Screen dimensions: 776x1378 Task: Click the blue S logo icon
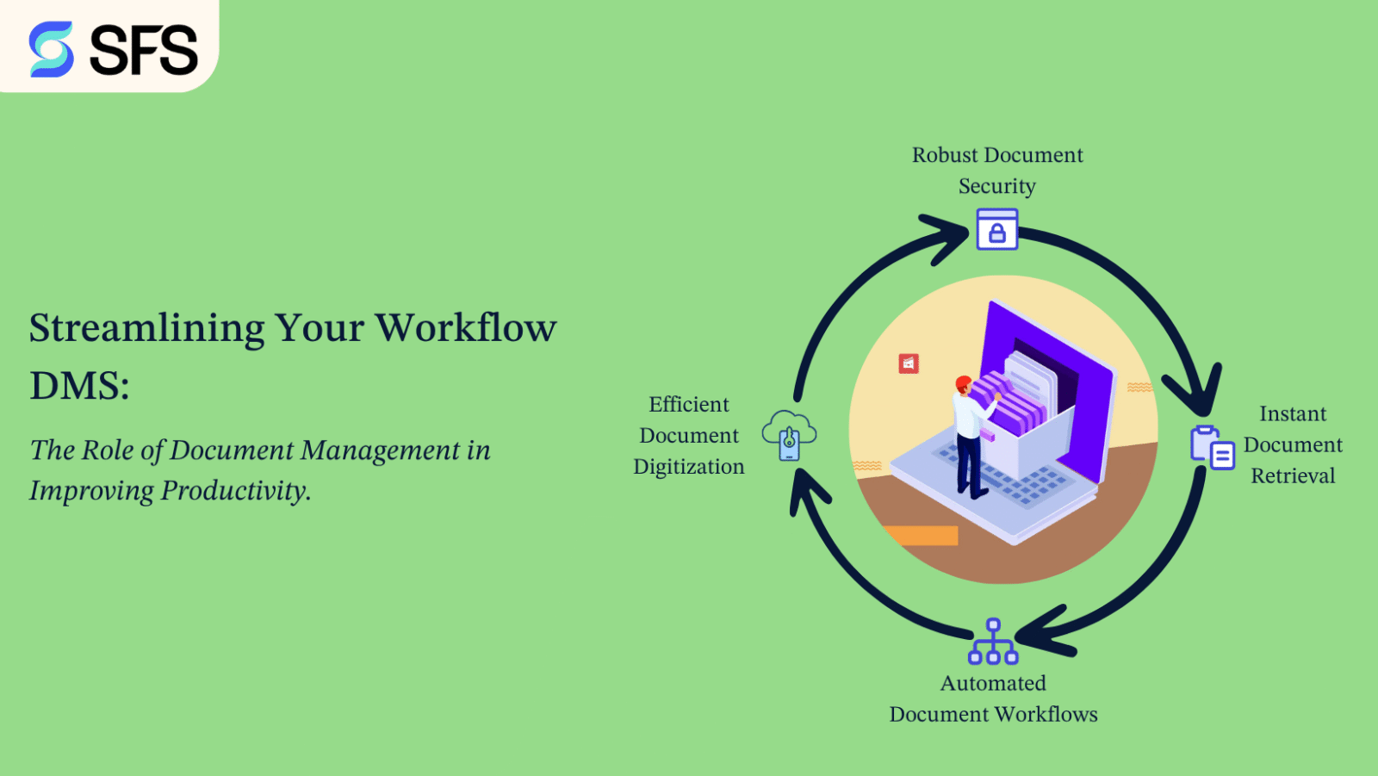pos(51,49)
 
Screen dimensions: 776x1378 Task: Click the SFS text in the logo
pos(143,50)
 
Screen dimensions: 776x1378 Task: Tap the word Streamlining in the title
pos(146,328)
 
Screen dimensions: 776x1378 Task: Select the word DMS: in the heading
pos(79,386)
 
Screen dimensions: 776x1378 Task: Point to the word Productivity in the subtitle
pos(235,491)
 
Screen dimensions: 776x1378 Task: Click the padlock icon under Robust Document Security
pos(997,230)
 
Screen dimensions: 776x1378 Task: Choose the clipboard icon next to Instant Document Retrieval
pos(1212,447)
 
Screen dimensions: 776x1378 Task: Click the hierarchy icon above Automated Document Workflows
pos(993,642)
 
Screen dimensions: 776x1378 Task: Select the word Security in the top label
pos(996,186)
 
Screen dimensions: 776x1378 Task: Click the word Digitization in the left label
pos(688,467)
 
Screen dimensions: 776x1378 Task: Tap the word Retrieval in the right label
pos(1293,476)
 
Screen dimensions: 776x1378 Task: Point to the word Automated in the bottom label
pos(993,683)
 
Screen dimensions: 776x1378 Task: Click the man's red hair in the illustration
pos(963,382)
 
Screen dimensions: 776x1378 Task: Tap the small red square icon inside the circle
pos(909,363)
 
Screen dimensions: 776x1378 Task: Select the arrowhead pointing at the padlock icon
pos(948,235)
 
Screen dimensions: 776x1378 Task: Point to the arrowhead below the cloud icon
pos(805,491)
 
